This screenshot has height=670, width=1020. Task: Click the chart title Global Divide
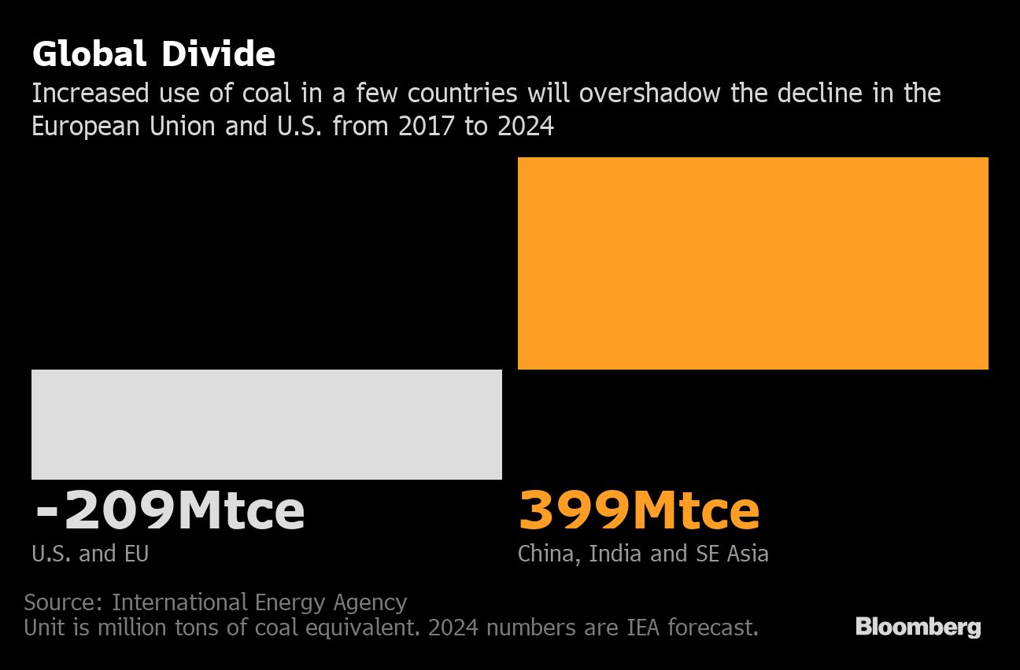point(153,55)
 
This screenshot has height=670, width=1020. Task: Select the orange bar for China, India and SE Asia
point(752,263)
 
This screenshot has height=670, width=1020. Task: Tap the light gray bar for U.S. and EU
point(266,424)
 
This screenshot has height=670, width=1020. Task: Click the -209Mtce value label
point(169,511)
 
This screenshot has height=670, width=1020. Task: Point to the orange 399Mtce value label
point(638,511)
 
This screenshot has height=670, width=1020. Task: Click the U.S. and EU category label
point(90,554)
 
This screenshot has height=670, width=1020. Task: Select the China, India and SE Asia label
point(642,554)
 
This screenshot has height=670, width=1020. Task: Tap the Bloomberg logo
point(918,628)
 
